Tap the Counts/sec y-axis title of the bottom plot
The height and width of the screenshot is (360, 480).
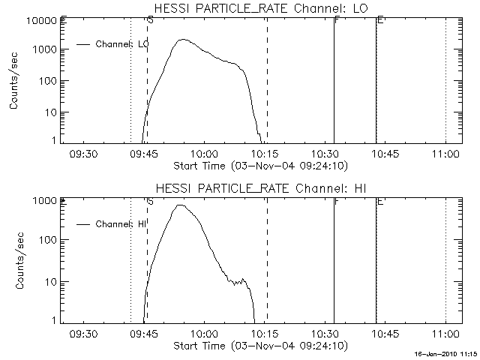click(15, 261)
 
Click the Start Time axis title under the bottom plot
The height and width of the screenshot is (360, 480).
click(259, 346)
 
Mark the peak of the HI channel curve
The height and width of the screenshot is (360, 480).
click(179, 205)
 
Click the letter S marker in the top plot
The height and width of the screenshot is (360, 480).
click(151, 20)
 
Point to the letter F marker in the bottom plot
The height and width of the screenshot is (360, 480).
click(337, 202)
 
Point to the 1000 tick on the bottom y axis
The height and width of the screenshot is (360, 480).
click(46, 201)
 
